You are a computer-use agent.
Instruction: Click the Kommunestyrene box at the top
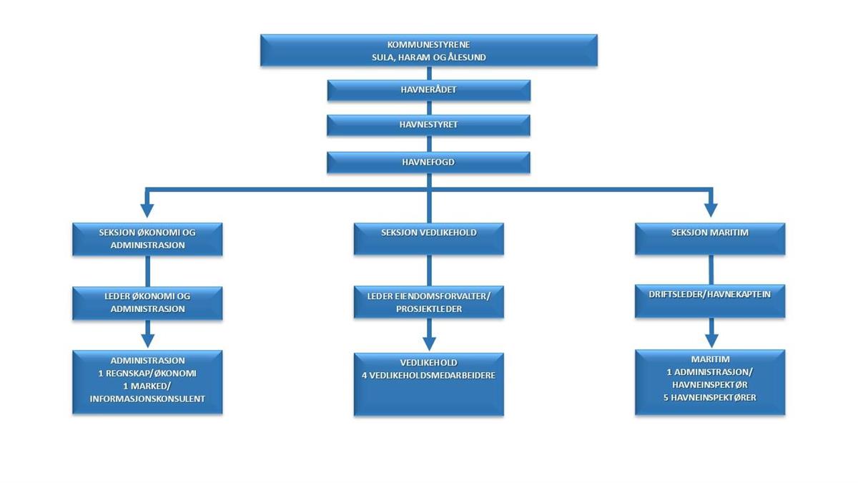point(428,50)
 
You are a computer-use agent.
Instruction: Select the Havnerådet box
point(428,90)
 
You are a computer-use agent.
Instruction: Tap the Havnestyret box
point(428,125)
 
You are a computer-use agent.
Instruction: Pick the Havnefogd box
point(428,162)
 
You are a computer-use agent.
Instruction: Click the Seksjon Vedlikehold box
point(429,239)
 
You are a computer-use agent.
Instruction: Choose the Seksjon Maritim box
point(710,239)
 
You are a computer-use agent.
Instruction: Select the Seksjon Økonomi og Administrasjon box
point(148,239)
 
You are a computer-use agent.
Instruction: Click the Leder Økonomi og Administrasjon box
point(148,303)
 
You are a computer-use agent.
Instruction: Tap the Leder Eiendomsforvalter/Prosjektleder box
point(429,303)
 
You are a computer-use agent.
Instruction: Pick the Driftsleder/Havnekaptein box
point(710,301)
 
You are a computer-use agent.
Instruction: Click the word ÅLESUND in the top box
point(465,57)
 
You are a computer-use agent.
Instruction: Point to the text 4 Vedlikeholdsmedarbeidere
point(429,375)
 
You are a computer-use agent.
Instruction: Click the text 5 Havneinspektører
point(710,398)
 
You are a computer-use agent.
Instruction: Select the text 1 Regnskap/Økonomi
point(148,373)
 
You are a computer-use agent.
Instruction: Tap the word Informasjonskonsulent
point(148,399)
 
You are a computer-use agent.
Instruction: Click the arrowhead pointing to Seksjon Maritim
point(710,210)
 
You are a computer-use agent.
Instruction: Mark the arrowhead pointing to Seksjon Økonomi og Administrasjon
point(147,210)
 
